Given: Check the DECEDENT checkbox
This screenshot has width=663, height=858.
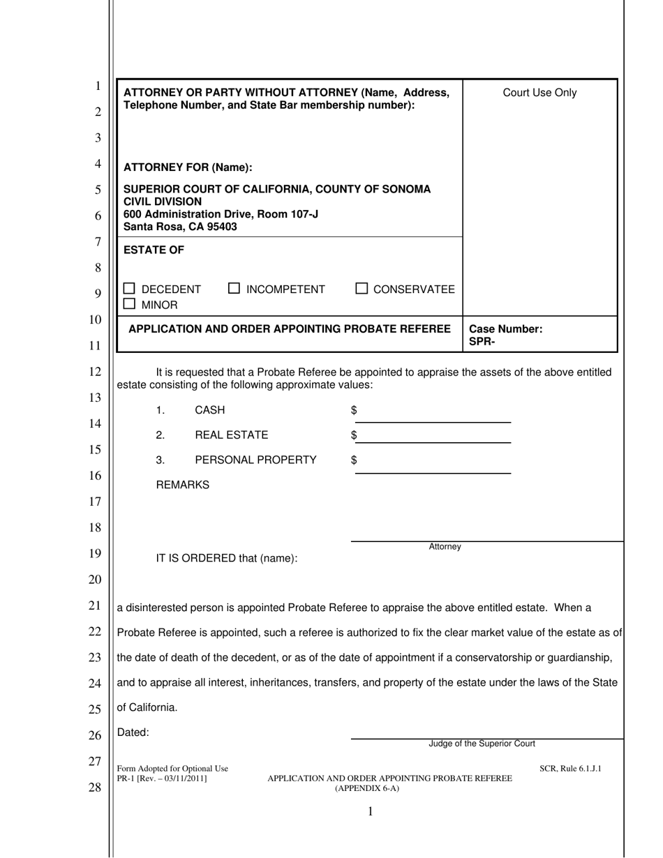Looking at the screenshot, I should tap(129, 289).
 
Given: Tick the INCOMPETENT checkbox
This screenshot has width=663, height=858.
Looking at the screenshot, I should tap(234, 288).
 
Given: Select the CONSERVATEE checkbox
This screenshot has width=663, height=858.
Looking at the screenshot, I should tap(362, 288).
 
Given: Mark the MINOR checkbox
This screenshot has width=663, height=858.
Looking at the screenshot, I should tap(129, 304).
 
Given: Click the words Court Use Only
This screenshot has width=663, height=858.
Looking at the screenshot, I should tap(539, 93).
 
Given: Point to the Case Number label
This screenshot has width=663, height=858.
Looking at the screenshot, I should tap(505, 329).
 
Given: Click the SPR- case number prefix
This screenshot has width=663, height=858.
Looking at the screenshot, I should tap(482, 342).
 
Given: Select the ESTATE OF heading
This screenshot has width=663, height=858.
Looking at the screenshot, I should tap(154, 250).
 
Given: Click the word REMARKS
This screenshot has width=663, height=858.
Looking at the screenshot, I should tap(182, 485).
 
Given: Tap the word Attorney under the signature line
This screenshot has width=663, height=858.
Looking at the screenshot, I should tap(445, 547).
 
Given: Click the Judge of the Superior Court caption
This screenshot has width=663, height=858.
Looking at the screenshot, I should tap(482, 744).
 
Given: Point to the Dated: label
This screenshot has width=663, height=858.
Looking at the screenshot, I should tap(133, 732).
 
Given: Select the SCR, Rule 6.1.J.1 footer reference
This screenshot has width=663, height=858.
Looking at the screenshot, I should tap(570, 769).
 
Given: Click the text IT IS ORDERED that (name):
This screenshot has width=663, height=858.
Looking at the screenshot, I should tap(226, 558).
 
